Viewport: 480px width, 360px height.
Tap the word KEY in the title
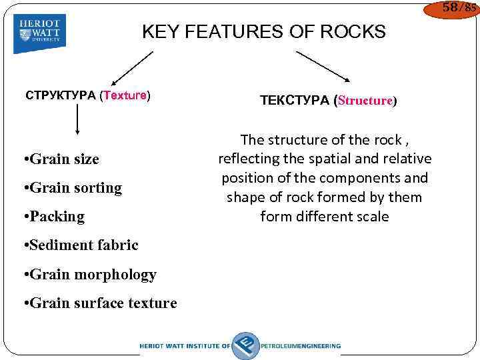coord(158,31)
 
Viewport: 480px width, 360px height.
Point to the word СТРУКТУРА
coord(61,95)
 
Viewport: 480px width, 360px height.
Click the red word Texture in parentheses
coord(125,95)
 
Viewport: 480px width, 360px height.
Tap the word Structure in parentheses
coord(366,101)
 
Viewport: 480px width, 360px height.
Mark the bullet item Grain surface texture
coord(99,303)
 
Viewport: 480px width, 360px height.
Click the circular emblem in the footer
coord(245,345)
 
